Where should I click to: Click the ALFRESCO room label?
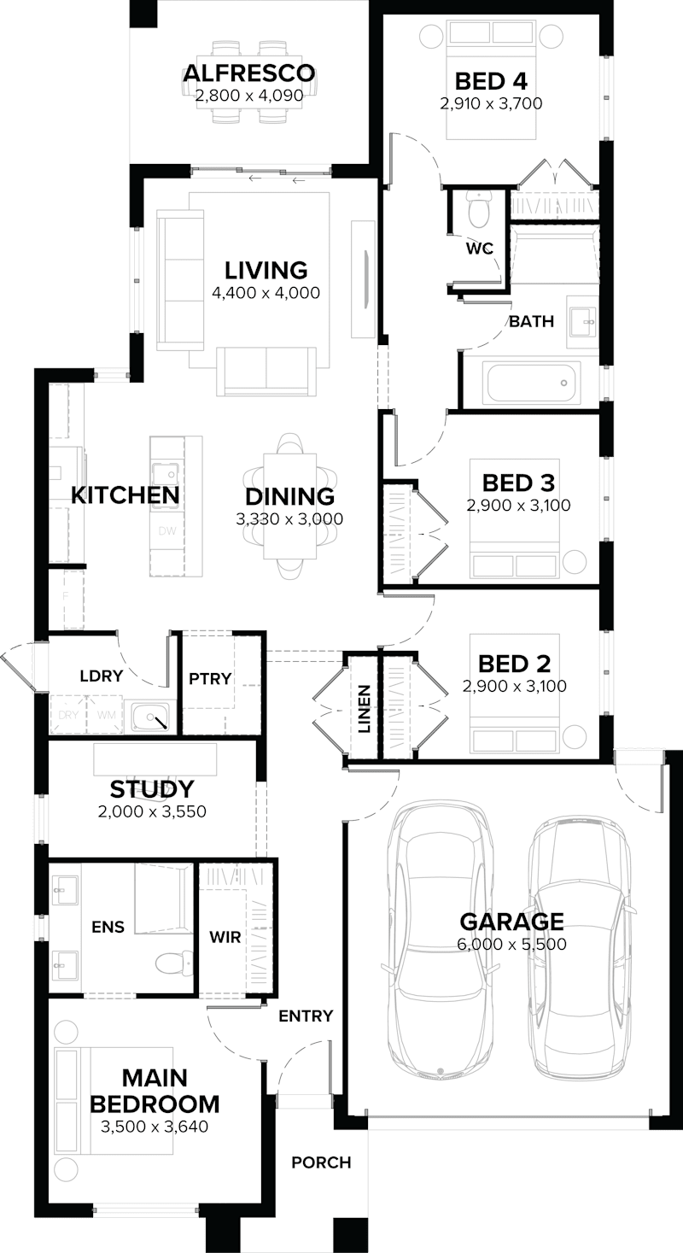click(248, 73)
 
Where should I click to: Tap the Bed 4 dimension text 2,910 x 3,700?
click(491, 103)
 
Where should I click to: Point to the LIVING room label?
click(266, 271)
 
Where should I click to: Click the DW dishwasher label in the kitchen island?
click(166, 531)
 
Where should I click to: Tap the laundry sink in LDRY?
click(152, 717)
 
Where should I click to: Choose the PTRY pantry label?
click(210, 679)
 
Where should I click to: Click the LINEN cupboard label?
click(364, 709)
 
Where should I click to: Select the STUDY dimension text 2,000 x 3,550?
click(152, 811)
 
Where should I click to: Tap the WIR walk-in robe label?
click(225, 937)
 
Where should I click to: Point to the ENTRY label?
click(305, 1016)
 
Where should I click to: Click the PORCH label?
click(321, 1162)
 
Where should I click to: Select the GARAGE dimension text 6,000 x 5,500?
click(512, 944)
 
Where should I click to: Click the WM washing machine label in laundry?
click(107, 714)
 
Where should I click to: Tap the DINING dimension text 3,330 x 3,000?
click(289, 518)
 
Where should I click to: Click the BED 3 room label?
click(518, 483)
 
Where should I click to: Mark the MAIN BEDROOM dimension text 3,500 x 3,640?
click(155, 1127)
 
